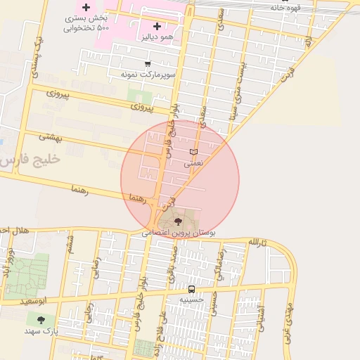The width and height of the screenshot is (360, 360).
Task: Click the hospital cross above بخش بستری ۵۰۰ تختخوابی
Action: [x=86, y=8]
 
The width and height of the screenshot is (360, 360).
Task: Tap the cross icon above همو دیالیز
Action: [x=157, y=26]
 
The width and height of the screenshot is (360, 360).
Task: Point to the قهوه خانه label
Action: [x=286, y=8]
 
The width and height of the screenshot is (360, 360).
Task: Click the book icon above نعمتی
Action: [x=194, y=152]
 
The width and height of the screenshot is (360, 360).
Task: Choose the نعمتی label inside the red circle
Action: [x=193, y=163]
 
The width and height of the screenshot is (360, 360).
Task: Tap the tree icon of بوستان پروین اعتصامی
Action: [x=177, y=221]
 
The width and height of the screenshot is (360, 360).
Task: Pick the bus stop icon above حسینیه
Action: [x=191, y=289]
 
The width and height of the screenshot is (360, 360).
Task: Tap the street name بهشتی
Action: [x=51, y=138]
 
